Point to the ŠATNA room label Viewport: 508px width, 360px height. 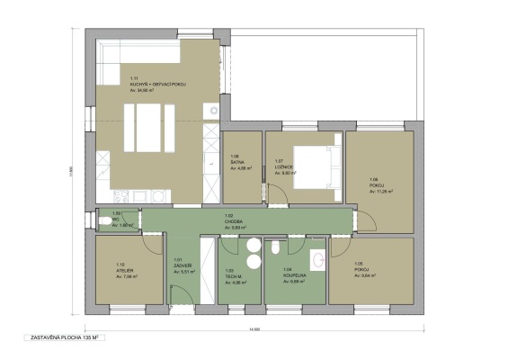pyautogui.click(x=237, y=162)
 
